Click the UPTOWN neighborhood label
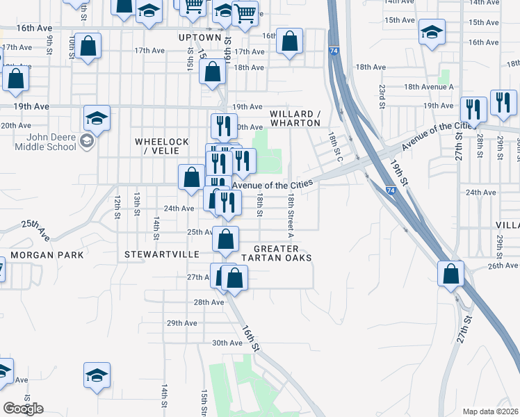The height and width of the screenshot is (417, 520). pyautogui.click(x=200, y=37)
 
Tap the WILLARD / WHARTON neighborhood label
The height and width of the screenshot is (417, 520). pyautogui.click(x=295, y=118)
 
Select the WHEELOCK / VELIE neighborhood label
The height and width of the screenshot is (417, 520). pyautogui.click(x=161, y=146)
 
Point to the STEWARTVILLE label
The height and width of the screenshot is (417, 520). pyautogui.click(x=161, y=255)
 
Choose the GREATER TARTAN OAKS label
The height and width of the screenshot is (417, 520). pyautogui.click(x=276, y=253)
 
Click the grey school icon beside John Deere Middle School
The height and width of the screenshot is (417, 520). pyautogui.click(x=86, y=142)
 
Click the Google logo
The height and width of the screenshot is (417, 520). pyautogui.click(x=23, y=409)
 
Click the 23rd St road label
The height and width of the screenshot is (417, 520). pyautogui.click(x=382, y=92)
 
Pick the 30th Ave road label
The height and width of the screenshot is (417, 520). pyautogui.click(x=227, y=343)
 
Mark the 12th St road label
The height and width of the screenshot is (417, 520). pyautogui.click(x=118, y=204)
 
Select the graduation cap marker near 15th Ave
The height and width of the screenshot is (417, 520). pyautogui.click(x=432, y=32)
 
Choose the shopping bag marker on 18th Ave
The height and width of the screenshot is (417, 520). pyautogui.click(x=212, y=71)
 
